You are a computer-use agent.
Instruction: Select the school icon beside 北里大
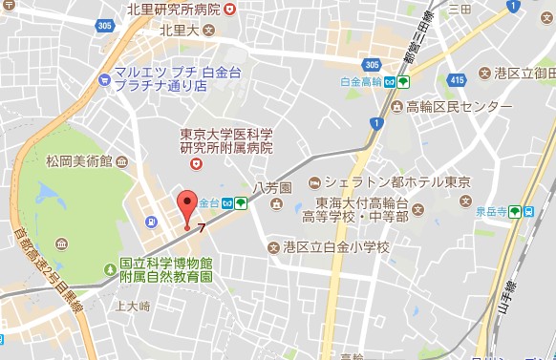(x=222, y=30)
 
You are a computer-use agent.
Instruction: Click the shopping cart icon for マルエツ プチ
(x=100, y=71)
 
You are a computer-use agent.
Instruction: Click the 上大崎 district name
(x=133, y=307)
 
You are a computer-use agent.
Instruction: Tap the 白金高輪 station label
(x=359, y=82)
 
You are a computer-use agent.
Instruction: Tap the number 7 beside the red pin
(x=202, y=226)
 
